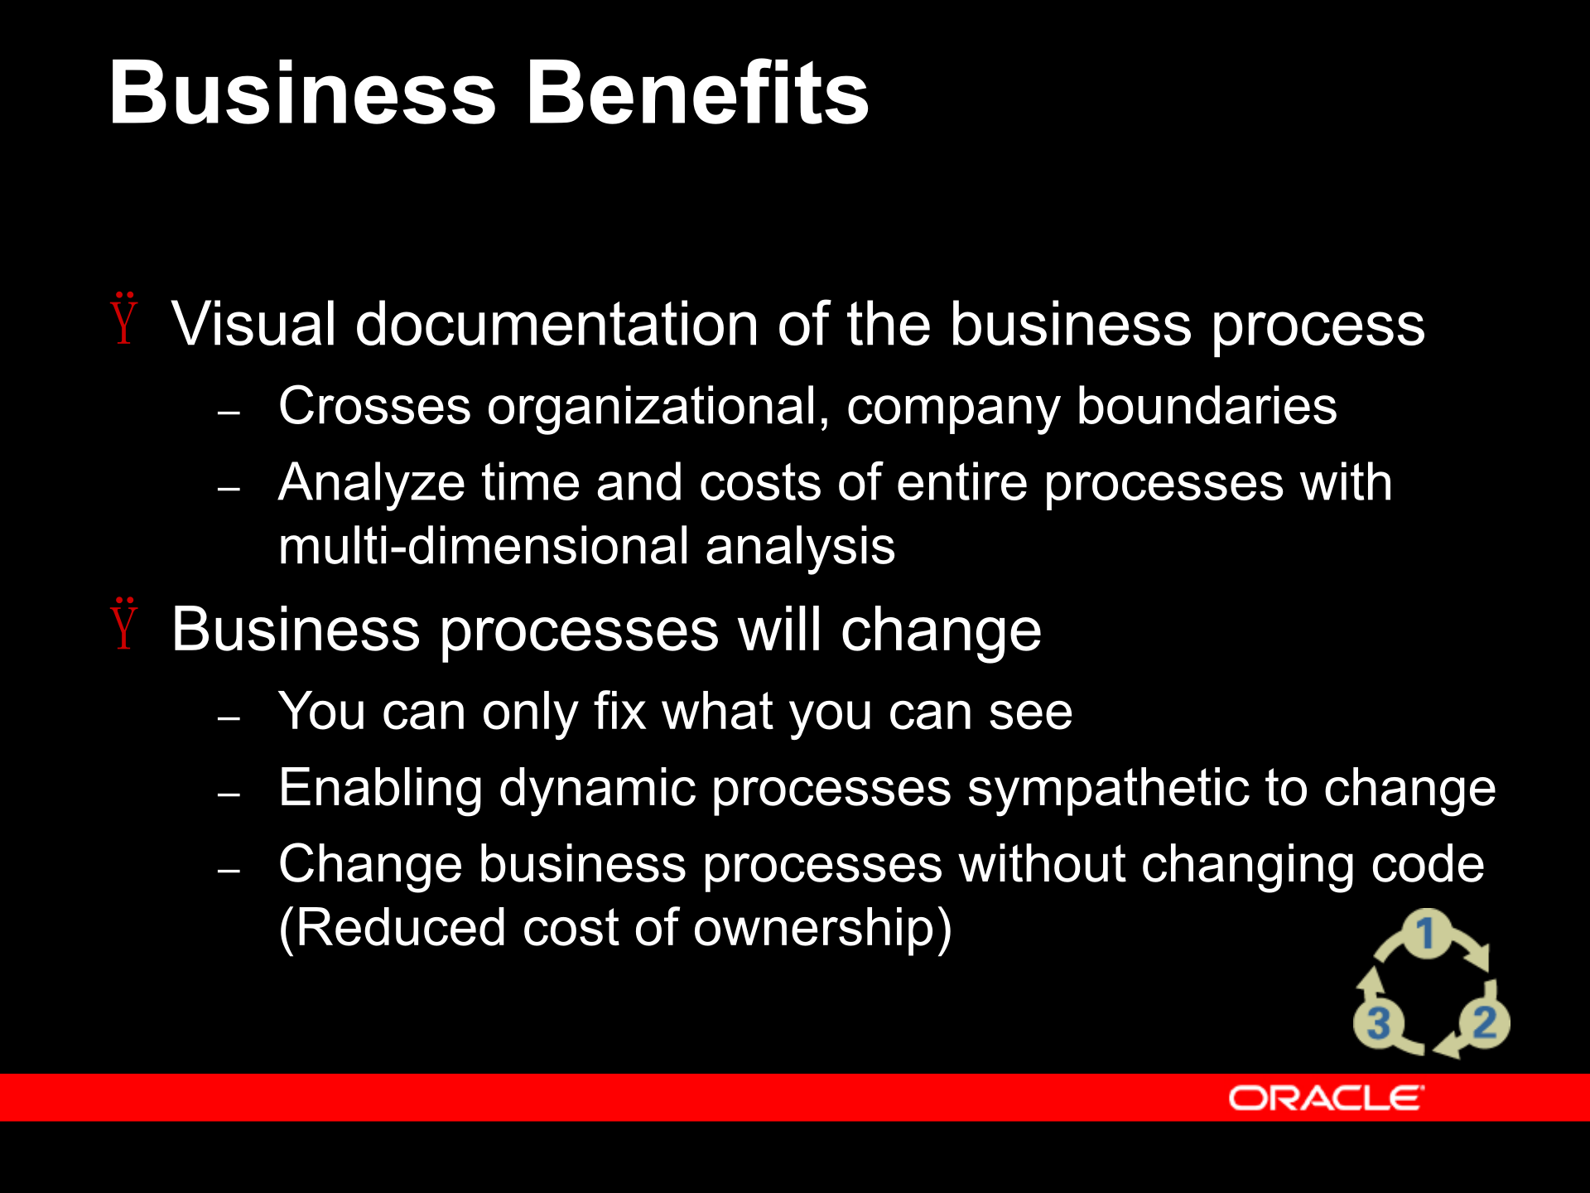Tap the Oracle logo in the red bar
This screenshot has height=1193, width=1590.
pyautogui.click(x=1326, y=1099)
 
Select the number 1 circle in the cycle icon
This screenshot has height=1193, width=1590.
pyautogui.click(x=1425, y=934)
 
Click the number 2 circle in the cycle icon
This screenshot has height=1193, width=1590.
pyautogui.click(x=1484, y=1022)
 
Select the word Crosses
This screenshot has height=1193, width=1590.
pyautogui.click(x=374, y=406)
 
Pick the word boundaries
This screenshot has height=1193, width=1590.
pyautogui.click(x=1207, y=406)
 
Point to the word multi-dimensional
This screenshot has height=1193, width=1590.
pyautogui.click(x=484, y=547)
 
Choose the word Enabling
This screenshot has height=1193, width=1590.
pyautogui.click(x=380, y=789)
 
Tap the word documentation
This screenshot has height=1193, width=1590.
pyautogui.click(x=556, y=324)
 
